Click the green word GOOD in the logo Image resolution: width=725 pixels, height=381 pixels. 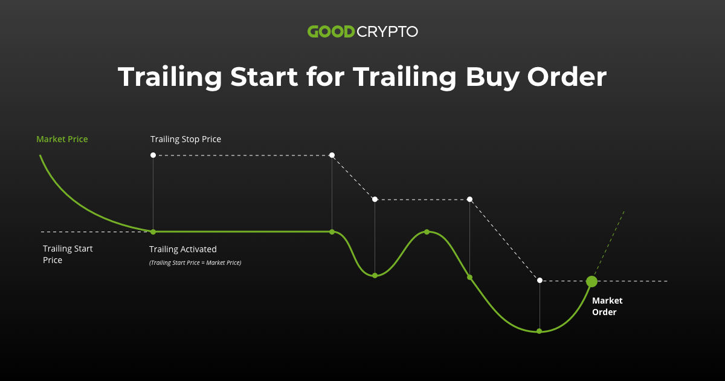pyautogui.click(x=330, y=31)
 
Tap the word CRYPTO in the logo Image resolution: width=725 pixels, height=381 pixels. pyautogui.click(x=387, y=31)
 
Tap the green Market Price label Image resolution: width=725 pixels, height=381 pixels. pyautogui.click(x=62, y=139)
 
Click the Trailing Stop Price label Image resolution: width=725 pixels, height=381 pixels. pyautogui.click(x=185, y=139)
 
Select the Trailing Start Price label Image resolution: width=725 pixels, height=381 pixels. pyautogui.click(x=68, y=254)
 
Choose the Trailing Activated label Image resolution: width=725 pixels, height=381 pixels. pyautogui.click(x=182, y=249)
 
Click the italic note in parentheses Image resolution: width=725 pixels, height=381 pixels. pyautogui.click(x=195, y=262)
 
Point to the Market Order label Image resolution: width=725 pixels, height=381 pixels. pyautogui.click(x=607, y=306)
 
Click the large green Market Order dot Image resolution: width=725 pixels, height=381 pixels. pyautogui.click(x=591, y=281)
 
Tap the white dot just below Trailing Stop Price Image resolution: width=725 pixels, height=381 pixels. pyautogui.click(x=153, y=155)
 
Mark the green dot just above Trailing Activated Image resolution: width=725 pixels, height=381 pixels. pyautogui.click(x=153, y=232)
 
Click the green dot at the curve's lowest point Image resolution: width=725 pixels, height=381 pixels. pyautogui.click(x=540, y=331)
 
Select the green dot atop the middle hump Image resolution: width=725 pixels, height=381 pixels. pyautogui.click(x=427, y=232)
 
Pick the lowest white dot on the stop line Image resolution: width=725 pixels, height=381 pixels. pyautogui.click(x=540, y=280)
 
